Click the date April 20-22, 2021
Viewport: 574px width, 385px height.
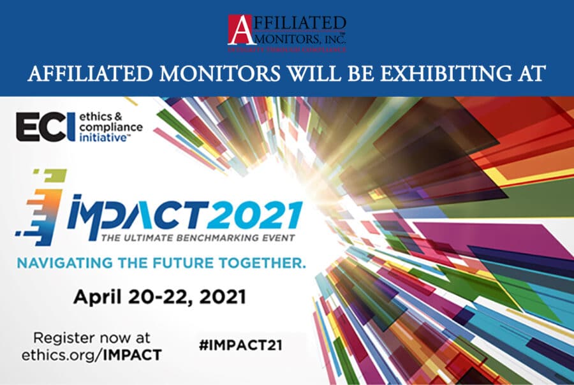[x=159, y=296]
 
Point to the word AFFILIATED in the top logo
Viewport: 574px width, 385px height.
[x=300, y=23]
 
